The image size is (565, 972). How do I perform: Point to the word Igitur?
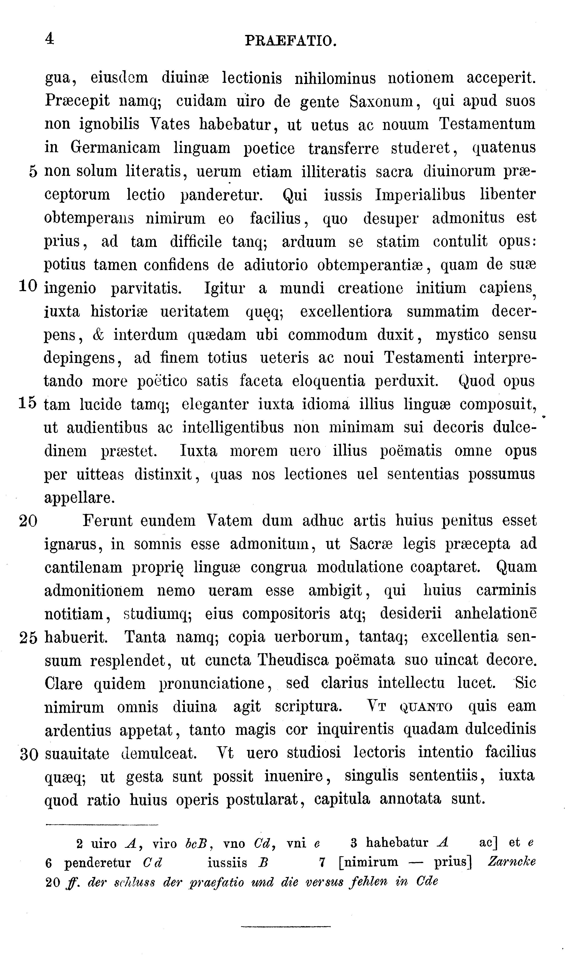tap(224, 288)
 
